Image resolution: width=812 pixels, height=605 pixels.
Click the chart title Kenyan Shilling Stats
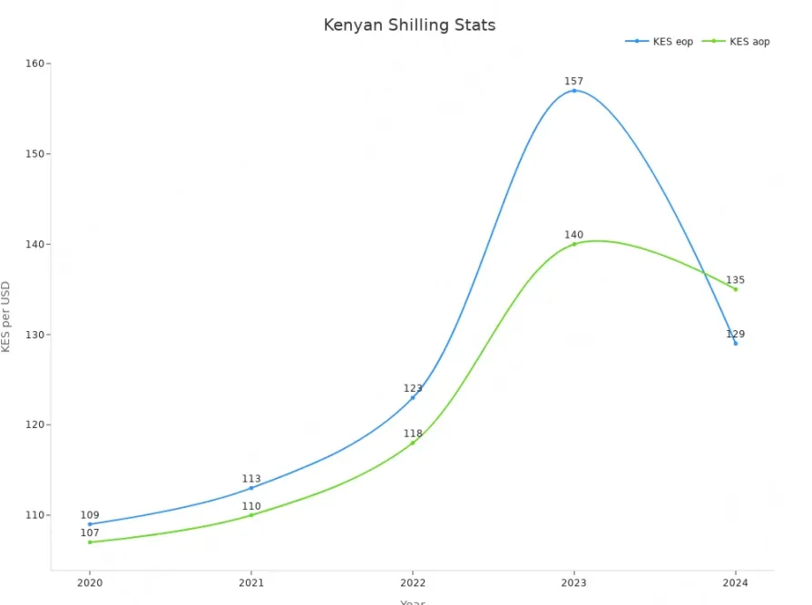[x=409, y=25]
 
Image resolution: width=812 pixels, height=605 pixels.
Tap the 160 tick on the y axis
[x=35, y=63]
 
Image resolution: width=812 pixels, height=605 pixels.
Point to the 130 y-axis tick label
[x=35, y=335]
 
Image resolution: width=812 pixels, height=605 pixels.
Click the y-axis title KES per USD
[x=6, y=317]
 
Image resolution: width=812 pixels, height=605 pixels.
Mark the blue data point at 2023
[x=574, y=91]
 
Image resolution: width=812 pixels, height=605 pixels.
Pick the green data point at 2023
[x=574, y=244]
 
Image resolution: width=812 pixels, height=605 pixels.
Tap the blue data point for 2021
[x=251, y=488]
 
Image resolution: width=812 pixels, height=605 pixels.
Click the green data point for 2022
[x=413, y=443]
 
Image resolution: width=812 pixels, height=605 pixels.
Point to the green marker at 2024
[x=736, y=289]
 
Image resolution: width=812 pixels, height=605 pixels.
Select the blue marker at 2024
[x=736, y=343]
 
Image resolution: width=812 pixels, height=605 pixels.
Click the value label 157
[x=573, y=82]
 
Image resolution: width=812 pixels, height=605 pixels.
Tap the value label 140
[x=573, y=235]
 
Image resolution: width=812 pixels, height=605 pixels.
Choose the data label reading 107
[x=90, y=532]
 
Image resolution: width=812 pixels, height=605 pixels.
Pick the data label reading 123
[x=413, y=388]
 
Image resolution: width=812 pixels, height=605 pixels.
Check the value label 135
[x=735, y=280]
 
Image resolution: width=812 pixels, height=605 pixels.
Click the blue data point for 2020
[x=90, y=524]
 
